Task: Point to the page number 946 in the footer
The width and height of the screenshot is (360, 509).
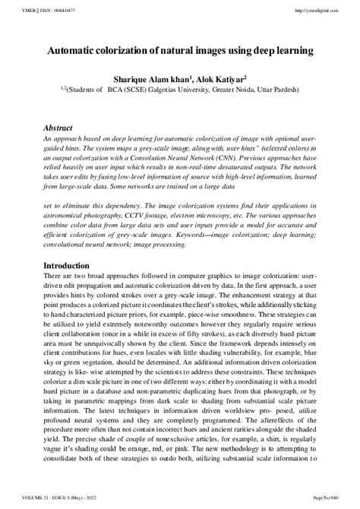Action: pyautogui.click(x=330, y=502)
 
